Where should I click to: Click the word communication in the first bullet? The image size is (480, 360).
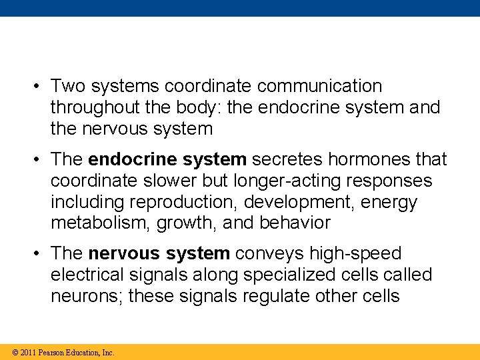(319, 86)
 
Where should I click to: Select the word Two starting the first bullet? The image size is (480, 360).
(67, 86)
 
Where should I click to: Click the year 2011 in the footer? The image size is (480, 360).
(28, 353)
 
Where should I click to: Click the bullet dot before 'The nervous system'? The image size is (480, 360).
(39, 254)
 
